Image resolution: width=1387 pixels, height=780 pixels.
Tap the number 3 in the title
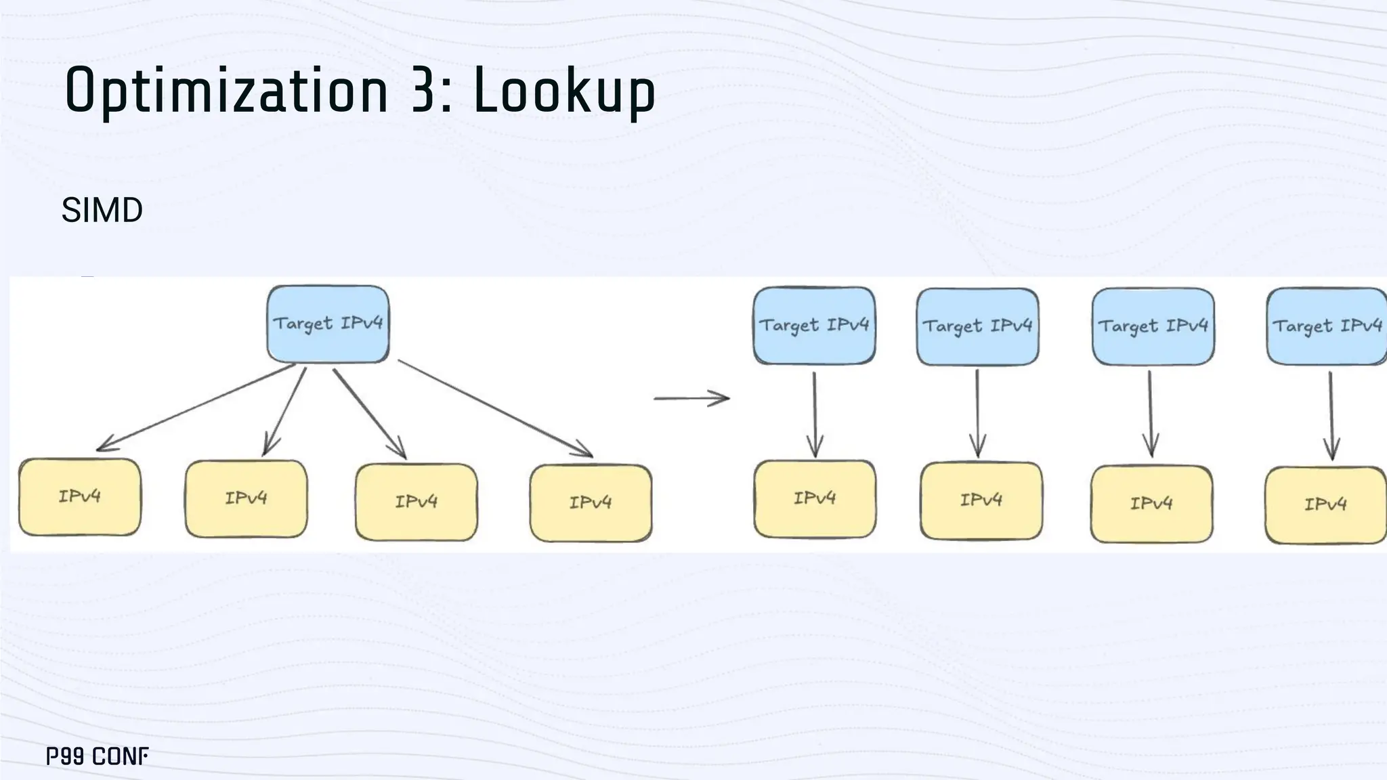[423, 90]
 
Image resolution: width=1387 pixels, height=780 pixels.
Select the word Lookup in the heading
[563, 90]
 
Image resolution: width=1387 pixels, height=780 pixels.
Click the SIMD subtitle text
[102, 210]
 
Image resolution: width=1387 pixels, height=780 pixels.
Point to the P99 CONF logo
[98, 756]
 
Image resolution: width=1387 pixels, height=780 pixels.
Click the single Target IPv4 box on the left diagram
[328, 324]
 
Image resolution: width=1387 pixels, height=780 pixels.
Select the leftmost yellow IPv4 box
[80, 497]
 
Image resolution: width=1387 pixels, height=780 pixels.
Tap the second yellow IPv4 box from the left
[246, 499]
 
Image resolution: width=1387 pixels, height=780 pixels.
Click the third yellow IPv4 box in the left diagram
[417, 502]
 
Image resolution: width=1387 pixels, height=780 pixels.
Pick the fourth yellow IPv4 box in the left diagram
[591, 502]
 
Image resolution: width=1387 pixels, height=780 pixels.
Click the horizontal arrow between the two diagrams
[691, 398]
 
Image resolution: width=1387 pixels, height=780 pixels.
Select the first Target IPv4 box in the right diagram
[814, 326]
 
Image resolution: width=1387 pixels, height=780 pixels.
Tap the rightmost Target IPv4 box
[1326, 326]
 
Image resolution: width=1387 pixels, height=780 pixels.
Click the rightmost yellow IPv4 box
[1325, 504]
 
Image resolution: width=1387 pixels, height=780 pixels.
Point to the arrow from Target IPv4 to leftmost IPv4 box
[196, 407]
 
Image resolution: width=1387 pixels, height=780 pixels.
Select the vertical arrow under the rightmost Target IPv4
[1331, 414]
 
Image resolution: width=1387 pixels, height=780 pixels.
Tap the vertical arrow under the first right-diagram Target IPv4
[815, 413]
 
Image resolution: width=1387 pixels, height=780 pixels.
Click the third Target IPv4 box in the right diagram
[1153, 326]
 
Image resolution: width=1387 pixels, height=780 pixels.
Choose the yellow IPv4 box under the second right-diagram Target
[981, 500]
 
